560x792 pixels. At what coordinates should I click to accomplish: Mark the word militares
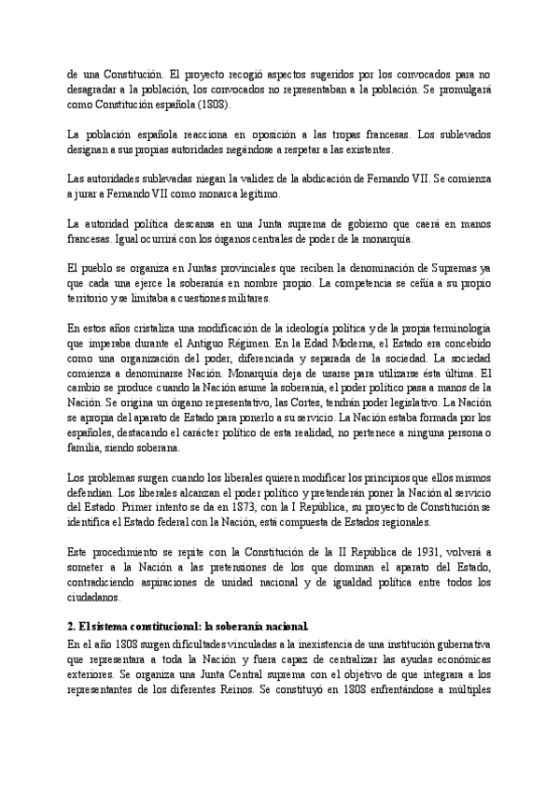(245, 298)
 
